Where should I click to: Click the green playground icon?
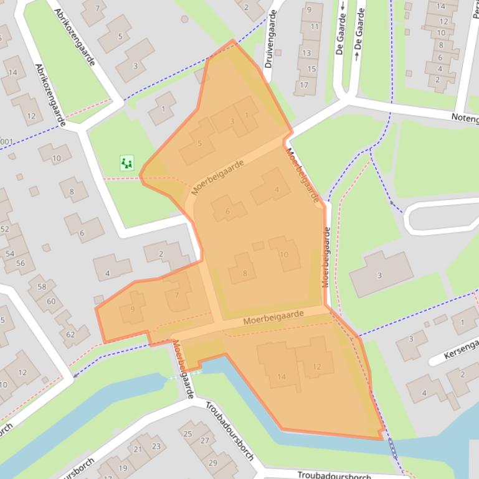(x=127, y=163)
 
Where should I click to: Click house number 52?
(x=5, y=230)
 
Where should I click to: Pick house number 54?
(x=10, y=254)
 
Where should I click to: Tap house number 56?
(x=21, y=263)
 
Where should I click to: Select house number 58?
(x=42, y=287)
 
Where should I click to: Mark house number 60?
(x=51, y=302)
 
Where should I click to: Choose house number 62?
(x=70, y=334)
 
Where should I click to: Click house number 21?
(x=137, y=449)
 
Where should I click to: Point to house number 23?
(x=156, y=446)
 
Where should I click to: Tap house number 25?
(x=188, y=434)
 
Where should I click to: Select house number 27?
(x=204, y=440)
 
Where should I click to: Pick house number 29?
(x=212, y=463)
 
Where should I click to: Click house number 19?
(x=123, y=468)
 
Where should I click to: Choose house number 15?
(x=311, y=69)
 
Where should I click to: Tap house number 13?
(x=307, y=53)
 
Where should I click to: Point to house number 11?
(x=315, y=27)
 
